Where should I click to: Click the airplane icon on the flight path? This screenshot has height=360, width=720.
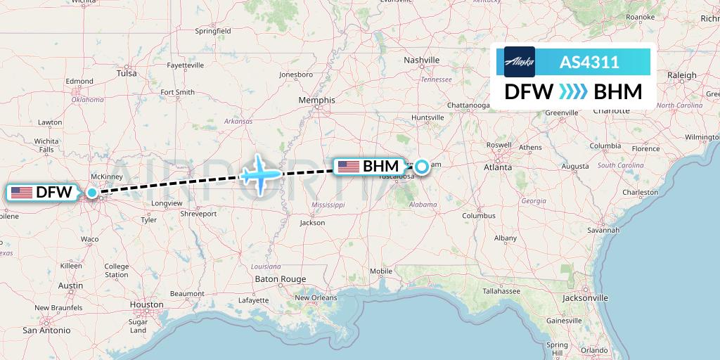pyautogui.click(x=260, y=173)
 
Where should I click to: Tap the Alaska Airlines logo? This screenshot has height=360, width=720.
pyautogui.click(x=519, y=62)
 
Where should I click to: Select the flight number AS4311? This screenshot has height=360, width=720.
pyautogui.click(x=589, y=63)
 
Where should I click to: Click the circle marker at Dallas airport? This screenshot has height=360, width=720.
pyautogui.click(x=92, y=191)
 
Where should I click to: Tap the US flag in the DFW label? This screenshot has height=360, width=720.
pyautogui.click(x=21, y=192)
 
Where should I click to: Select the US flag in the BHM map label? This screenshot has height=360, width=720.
pyautogui.click(x=348, y=167)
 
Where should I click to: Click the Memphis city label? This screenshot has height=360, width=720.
pyautogui.click(x=317, y=101)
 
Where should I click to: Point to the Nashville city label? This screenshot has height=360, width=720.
pyautogui.click(x=422, y=60)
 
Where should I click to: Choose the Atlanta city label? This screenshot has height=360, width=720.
pyautogui.click(x=497, y=168)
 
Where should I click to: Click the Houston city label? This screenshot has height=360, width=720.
pyautogui.click(x=146, y=305)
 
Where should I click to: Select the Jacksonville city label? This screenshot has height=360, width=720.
pyautogui.click(x=585, y=298)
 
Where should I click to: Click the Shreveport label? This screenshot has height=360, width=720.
pyautogui.click(x=198, y=213)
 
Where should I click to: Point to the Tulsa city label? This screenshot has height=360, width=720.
pyautogui.click(x=127, y=73)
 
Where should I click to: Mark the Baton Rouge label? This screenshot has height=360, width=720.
pyautogui.click(x=281, y=279)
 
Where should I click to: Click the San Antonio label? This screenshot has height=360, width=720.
pyautogui.click(x=46, y=330)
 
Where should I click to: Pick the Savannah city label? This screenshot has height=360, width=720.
pyautogui.click(x=604, y=230)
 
